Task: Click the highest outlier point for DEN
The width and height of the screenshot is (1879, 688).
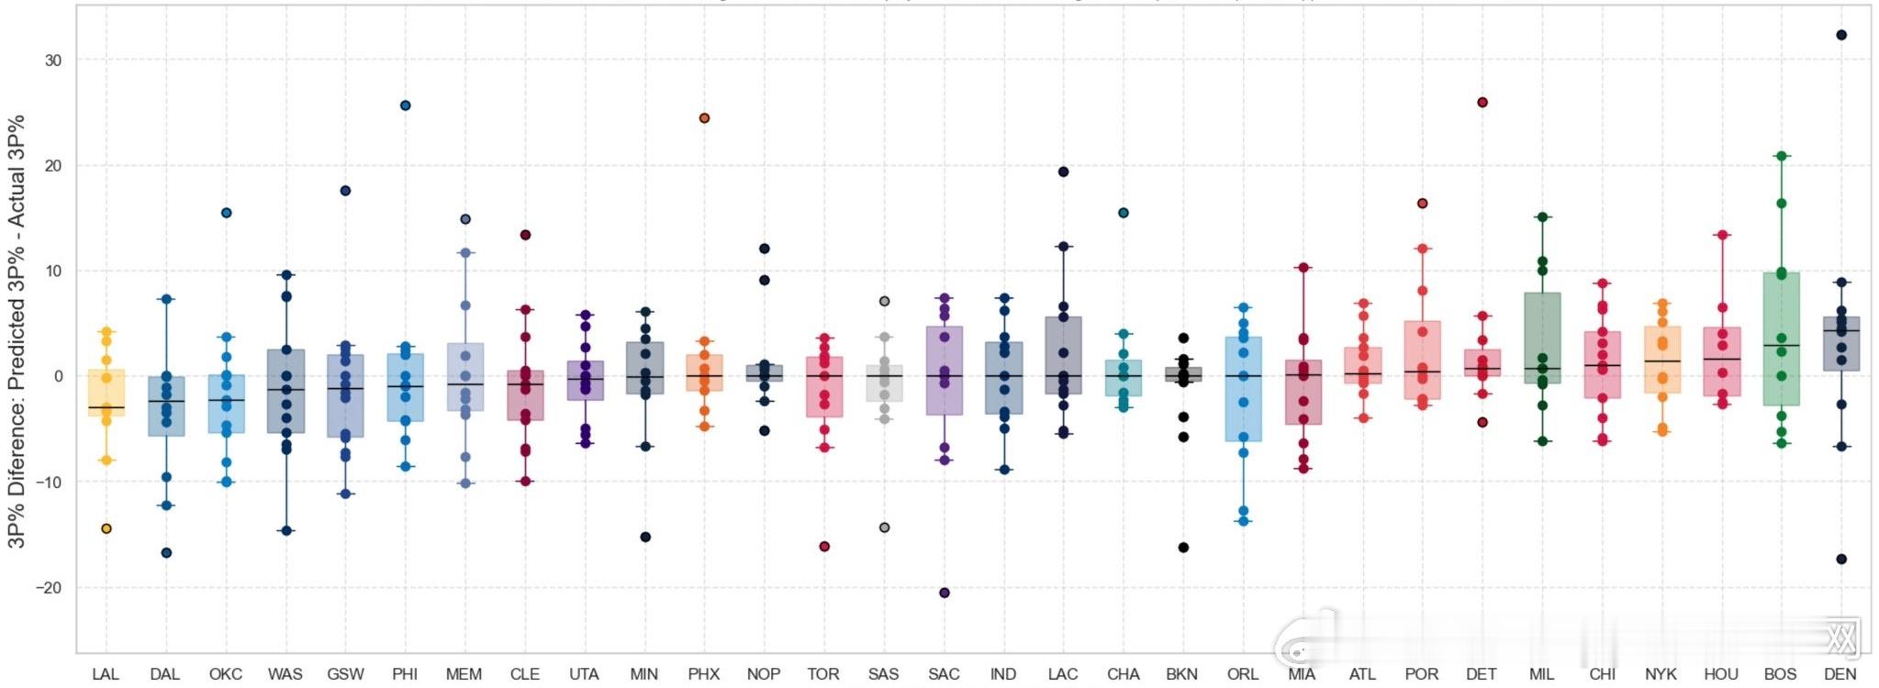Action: [x=1840, y=35]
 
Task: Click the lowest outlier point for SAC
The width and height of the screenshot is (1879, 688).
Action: [x=945, y=593]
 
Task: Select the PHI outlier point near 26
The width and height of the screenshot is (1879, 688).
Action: [x=405, y=105]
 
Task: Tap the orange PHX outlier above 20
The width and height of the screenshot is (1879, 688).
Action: [x=704, y=118]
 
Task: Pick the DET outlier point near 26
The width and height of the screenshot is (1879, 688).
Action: [x=1482, y=103]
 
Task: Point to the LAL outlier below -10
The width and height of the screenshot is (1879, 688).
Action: [x=106, y=528]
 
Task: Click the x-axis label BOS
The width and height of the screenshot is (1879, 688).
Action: [x=1780, y=674]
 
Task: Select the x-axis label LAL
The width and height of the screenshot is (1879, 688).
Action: [x=106, y=674]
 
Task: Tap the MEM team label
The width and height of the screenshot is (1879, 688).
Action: [x=464, y=674]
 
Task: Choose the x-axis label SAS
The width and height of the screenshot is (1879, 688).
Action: [x=883, y=674]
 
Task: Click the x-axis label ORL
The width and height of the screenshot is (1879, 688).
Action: [x=1242, y=674]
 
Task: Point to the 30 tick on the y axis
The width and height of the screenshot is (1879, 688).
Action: [x=53, y=61]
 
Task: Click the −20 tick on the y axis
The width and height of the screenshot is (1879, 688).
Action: [x=49, y=588]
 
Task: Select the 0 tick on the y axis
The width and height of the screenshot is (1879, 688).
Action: [x=58, y=376]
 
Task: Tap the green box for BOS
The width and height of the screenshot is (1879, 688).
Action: [x=1781, y=339]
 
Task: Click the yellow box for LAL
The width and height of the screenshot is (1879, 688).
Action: [x=106, y=393]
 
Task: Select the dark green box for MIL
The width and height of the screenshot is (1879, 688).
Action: [x=1542, y=338]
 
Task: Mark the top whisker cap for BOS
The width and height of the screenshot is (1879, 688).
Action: [x=1781, y=156]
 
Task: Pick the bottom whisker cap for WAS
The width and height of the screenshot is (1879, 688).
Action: [x=285, y=530]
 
